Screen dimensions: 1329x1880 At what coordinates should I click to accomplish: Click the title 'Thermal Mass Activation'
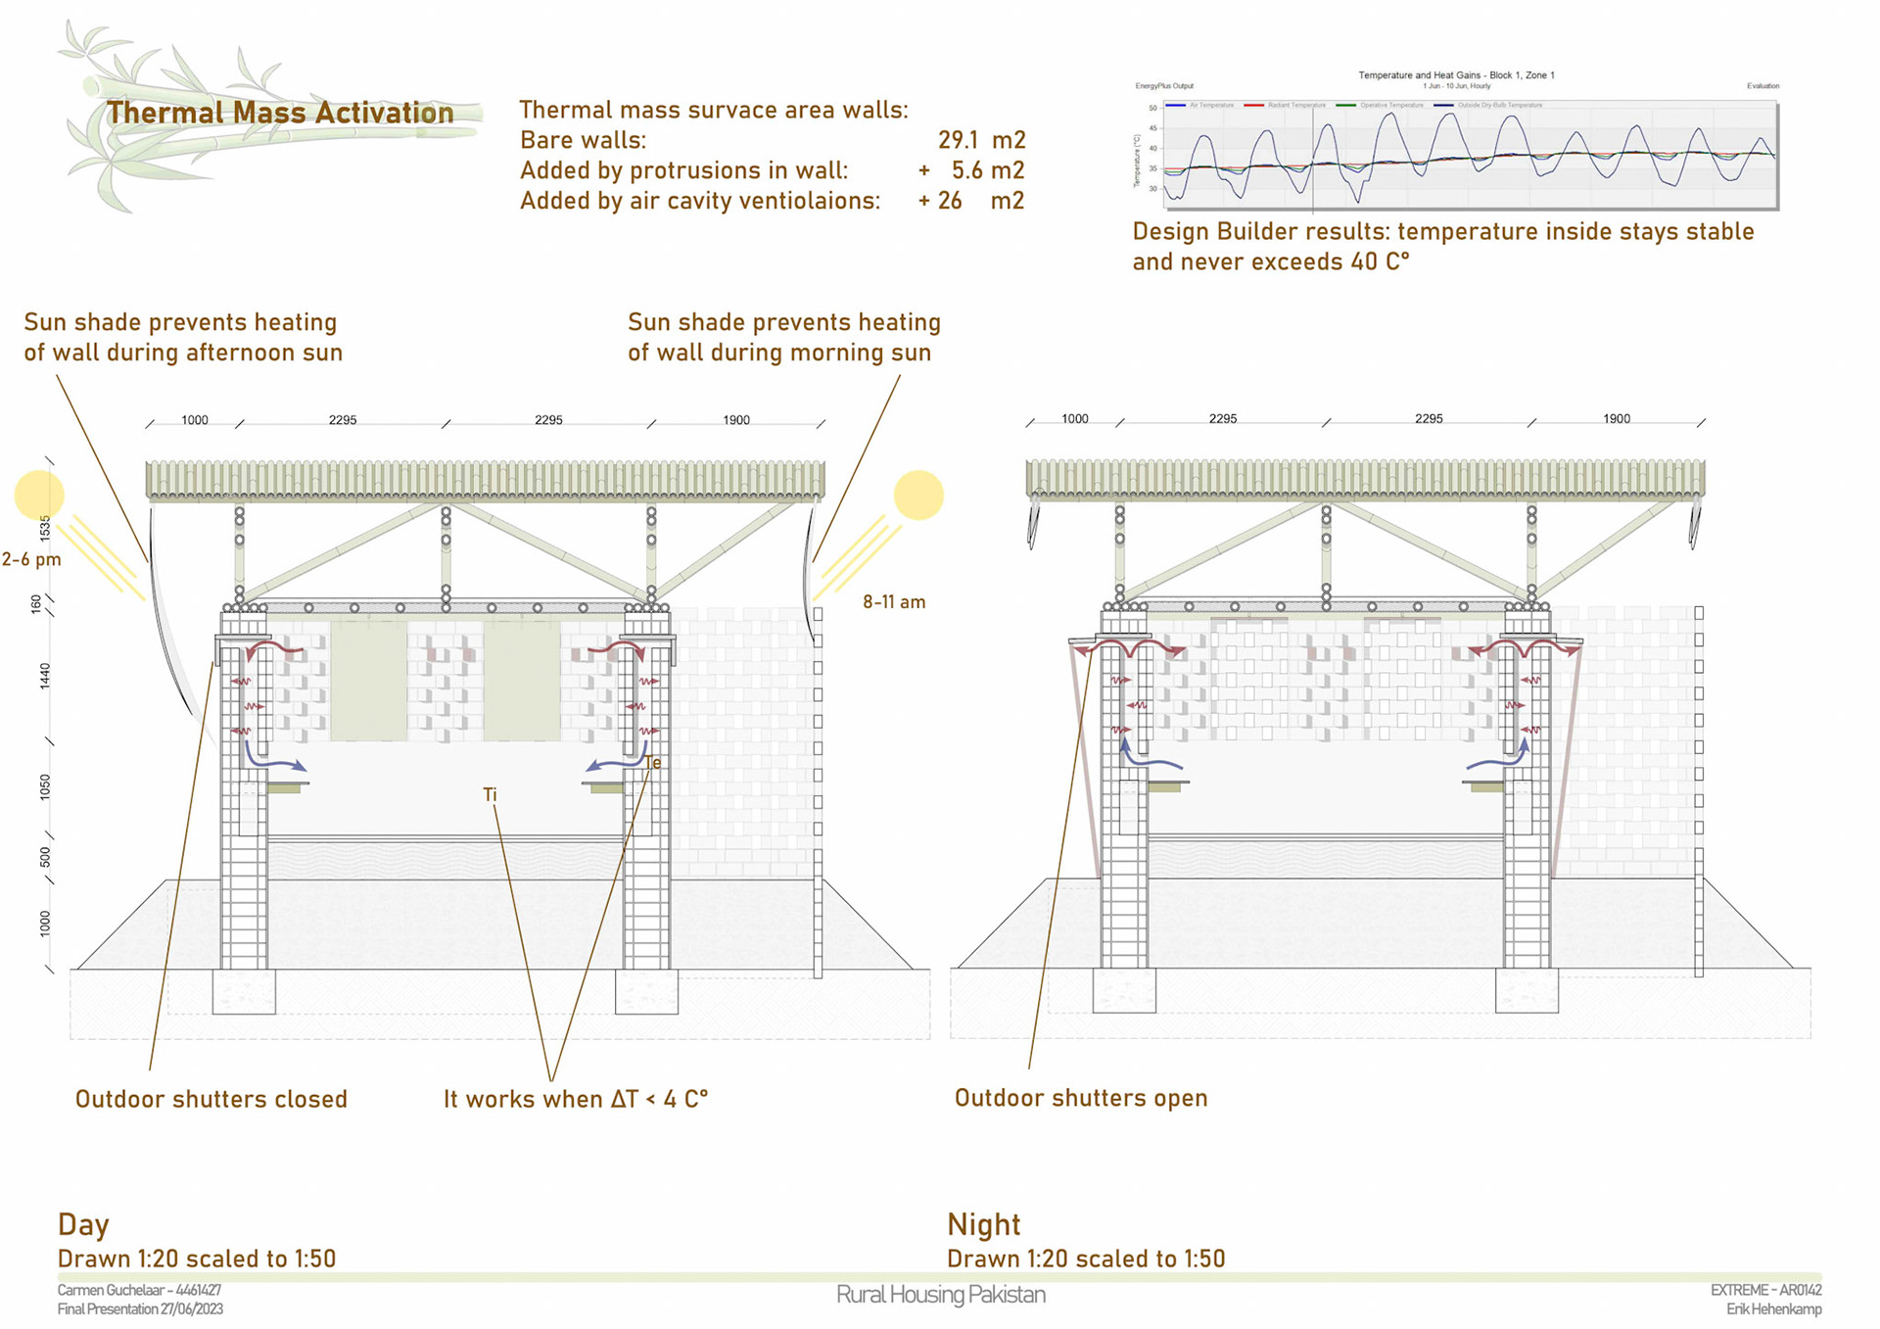pyautogui.click(x=280, y=113)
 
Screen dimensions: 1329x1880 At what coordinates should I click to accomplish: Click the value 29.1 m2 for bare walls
pyautogui.click(x=981, y=140)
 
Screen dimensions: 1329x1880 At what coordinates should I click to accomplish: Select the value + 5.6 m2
pyautogui.click(x=971, y=170)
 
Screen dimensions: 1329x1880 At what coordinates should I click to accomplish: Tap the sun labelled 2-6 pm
pyautogui.click(x=39, y=495)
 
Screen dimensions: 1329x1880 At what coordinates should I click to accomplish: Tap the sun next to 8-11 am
pyautogui.click(x=918, y=495)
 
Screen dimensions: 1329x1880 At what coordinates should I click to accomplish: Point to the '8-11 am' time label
pyautogui.click(x=893, y=602)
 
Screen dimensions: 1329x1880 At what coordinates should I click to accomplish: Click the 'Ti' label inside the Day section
pyautogui.click(x=490, y=794)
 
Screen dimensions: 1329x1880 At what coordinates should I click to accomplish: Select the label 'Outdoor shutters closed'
pyautogui.click(x=211, y=1099)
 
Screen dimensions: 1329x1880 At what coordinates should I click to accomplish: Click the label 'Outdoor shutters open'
pyautogui.click(x=1081, y=1098)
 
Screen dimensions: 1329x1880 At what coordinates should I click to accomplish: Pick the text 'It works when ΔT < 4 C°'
pyautogui.click(x=576, y=1099)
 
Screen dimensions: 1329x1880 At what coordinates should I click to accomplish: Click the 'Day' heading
pyautogui.click(x=83, y=1224)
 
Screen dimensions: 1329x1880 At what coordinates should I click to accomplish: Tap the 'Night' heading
pyautogui.click(x=983, y=1224)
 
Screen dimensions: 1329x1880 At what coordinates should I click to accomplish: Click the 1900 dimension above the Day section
pyautogui.click(x=736, y=420)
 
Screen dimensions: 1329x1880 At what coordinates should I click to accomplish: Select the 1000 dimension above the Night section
pyautogui.click(x=1075, y=419)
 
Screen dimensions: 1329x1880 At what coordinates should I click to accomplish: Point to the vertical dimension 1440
pyautogui.click(x=45, y=676)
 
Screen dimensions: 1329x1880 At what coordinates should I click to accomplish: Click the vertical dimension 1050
pyautogui.click(x=45, y=786)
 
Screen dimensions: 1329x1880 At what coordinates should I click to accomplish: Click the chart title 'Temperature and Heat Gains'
pyautogui.click(x=1456, y=75)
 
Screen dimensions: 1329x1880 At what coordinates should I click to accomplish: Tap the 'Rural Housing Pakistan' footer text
pyautogui.click(x=940, y=1295)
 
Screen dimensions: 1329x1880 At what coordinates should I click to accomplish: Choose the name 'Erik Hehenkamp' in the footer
pyautogui.click(x=1773, y=1309)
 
